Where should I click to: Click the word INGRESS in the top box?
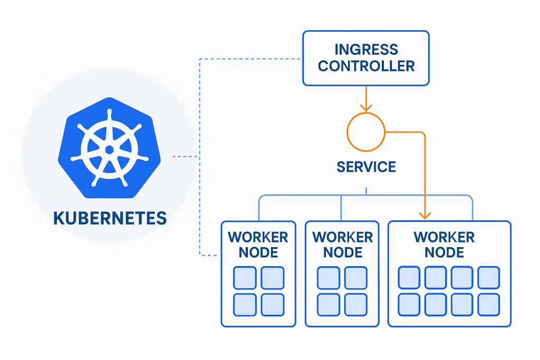pyautogui.click(x=366, y=50)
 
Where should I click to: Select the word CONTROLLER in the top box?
pyautogui.click(x=366, y=66)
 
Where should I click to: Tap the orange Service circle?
pyautogui.click(x=365, y=130)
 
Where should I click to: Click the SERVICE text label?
pyautogui.click(x=366, y=168)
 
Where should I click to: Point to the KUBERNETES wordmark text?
pyautogui.click(x=110, y=217)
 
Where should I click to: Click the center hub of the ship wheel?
pyautogui.click(x=109, y=150)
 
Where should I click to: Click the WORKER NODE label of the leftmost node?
pyautogui.click(x=258, y=244)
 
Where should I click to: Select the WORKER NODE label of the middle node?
pyautogui.click(x=342, y=244)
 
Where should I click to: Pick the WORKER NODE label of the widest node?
pyautogui.click(x=444, y=244)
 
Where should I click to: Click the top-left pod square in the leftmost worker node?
pyautogui.click(x=245, y=277)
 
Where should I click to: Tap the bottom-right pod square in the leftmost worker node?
pyautogui.click(x=273, y=304)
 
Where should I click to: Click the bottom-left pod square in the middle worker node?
pyautogui.click(x=329, y=304)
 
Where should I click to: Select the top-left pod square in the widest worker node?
pyautogui.click(x=409, y=277)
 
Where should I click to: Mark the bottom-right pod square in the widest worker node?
pyautogui.click(x=489, y=304)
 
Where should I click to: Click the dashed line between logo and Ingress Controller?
pyautogui.click(x=248, y=58)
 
